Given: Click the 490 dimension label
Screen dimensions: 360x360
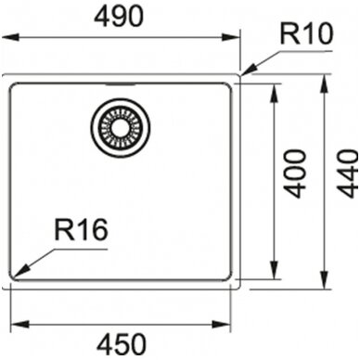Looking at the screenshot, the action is click(x=119, y=17).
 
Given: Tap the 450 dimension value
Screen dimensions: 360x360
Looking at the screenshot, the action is click(x=121, y=344).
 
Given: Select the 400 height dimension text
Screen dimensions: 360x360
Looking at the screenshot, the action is click(x=295, y=174).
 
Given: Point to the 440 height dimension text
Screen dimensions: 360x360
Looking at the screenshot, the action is click(x=347, y=174).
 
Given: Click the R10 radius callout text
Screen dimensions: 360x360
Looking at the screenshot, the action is click(x=306, y=34).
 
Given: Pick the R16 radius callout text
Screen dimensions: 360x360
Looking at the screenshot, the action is click(x=81, y=229).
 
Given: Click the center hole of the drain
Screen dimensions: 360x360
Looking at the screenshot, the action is click(x=120, y=127).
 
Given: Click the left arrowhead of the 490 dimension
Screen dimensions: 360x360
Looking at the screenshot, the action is click(x=11, y=38).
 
